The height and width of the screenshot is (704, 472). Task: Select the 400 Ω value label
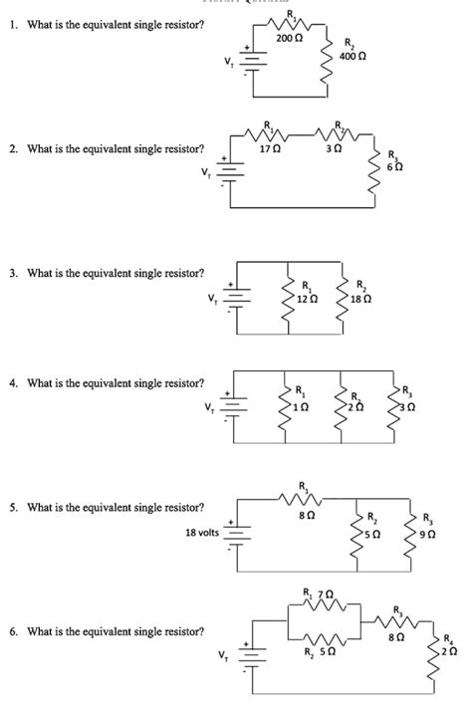click(353, 56)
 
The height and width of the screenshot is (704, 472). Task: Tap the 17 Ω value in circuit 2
click(269, 148)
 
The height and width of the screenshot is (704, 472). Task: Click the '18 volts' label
click(202, 533)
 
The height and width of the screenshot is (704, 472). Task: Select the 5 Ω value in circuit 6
click(327, 653)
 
